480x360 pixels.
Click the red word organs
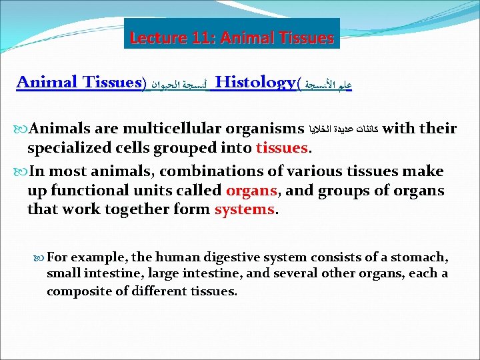click(251, 190)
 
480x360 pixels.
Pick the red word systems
click(244, 209)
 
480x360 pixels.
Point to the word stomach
click(421, 257)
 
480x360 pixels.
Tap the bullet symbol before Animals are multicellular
click(22, 129)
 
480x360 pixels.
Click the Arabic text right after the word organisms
click(345, 129)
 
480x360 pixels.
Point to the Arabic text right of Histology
click(327, 85)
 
